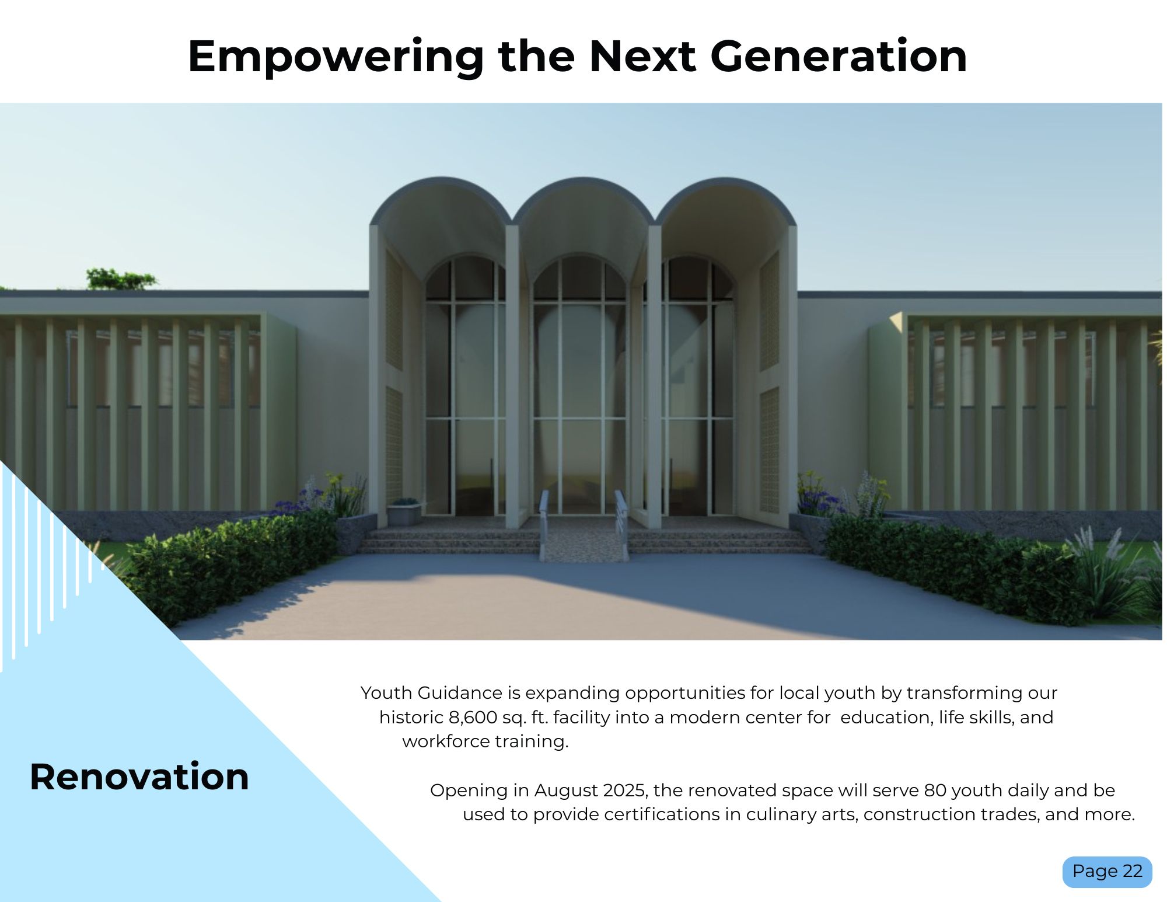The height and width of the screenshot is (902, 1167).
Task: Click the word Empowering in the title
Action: (x=336, y=57)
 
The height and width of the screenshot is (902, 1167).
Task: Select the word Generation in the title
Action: (x=838, y=56)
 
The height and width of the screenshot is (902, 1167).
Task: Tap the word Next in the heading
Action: (x=642, y=56)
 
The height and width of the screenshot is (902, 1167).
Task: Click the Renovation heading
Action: (x=139, y=776)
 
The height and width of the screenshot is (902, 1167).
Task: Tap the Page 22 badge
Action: (x=1107, y=872)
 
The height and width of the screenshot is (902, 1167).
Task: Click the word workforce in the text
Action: (x=446, y=741)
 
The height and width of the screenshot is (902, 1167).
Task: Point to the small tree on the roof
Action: (x=121, y=279)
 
